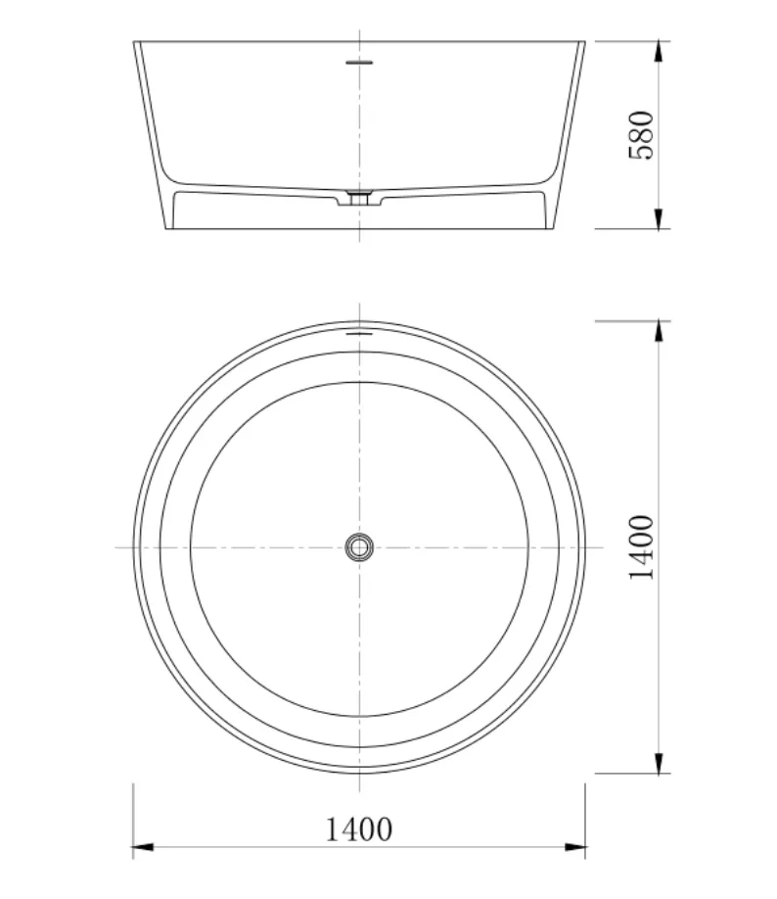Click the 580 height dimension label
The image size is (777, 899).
pos(641,135)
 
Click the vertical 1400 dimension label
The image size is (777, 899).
pos(641,547)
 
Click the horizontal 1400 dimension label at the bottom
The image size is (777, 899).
pos(359,829)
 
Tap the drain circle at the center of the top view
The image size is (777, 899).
pos(359,547)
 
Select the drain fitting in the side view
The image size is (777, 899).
pos(359,197)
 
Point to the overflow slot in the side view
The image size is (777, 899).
pos(359,63)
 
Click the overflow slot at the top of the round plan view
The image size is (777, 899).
pos(359,333)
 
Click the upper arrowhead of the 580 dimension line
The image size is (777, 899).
pos(659,51)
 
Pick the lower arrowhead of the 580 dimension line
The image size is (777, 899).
pos(659,218)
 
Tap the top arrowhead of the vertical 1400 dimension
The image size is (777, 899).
pos(659,331)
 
